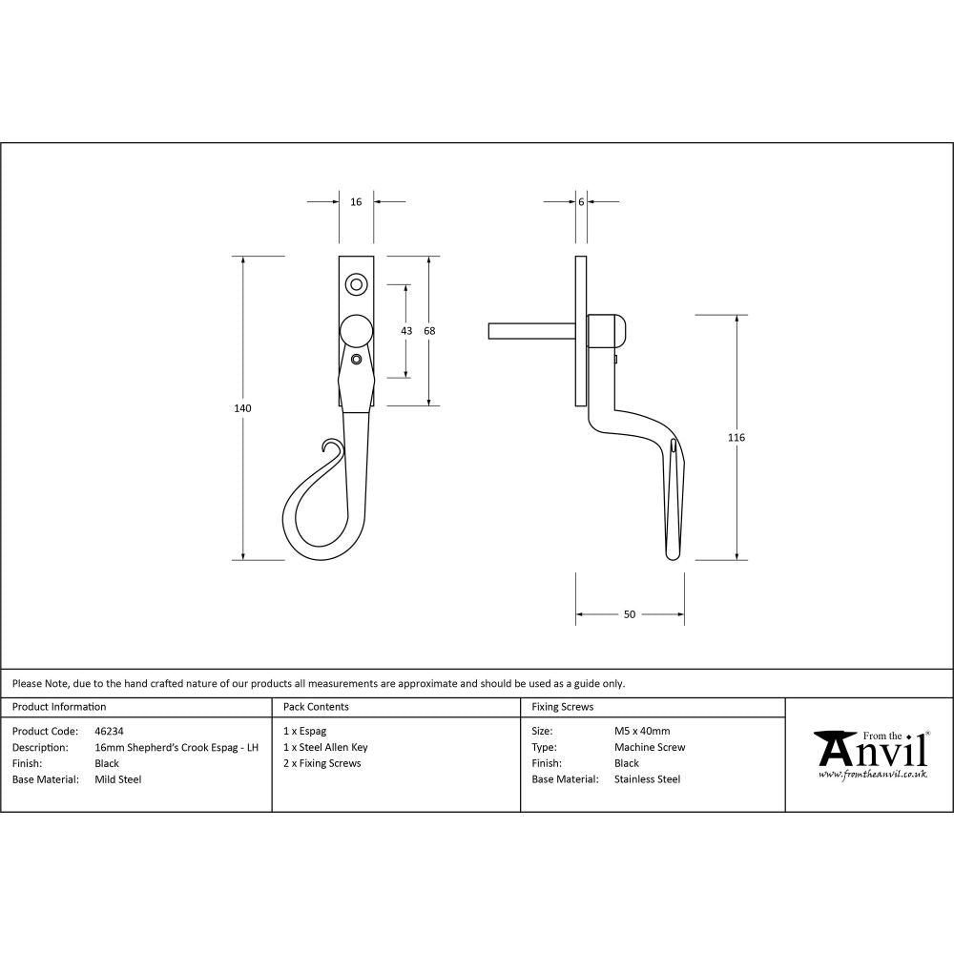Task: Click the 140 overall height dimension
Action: (x=242, y=408)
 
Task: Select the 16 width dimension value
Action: (x=356, y=202)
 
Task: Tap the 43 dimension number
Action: (x=406, y=330)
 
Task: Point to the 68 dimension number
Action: (x=429, y=330)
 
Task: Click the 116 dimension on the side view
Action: (x=736, y=437)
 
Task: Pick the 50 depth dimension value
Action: (x=630, y=614)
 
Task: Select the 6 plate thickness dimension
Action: (x=581, y=202)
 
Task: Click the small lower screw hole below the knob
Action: (x=356, y=359)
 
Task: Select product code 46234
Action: (x=110, y=731)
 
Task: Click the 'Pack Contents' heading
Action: (x=316, y=707)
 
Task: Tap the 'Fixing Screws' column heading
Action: (x=563, y=707)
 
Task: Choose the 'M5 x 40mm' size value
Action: (x=642, y=731)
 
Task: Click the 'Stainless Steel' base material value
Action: (x=647, y=779)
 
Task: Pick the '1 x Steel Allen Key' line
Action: (x=325, y=747)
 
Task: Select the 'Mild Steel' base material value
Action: (x=118, y=779)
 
